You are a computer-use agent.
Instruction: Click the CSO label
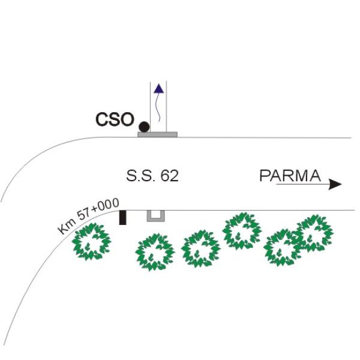(x=115, y=119)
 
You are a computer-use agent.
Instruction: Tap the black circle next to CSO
(x=144, y=127)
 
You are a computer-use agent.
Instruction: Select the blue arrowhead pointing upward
(x=158, y=89)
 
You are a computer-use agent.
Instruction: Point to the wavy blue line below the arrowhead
(x=158, y=107)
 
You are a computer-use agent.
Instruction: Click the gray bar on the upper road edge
(x=157, y=134)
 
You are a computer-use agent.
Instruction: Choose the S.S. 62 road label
(x=152, y=176)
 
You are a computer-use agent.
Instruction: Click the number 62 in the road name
(x=169, y=176)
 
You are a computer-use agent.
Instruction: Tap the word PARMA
(x=290, y=176)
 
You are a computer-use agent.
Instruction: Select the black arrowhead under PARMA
(x=335, y=184)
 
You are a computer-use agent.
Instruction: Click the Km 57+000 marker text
(x=89, y=216)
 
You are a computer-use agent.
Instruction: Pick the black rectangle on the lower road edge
(x=123, y=218)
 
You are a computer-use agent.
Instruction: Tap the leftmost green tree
(x=91, y=242)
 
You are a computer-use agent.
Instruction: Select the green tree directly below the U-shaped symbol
(x=155, y=252)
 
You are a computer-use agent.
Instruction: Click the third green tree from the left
(x=200, y=249)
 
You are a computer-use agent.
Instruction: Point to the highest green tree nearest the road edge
(x=242, y=231)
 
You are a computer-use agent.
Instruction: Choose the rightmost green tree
(x=314, y=233)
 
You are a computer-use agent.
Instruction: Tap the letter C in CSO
(x=102, y=119)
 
